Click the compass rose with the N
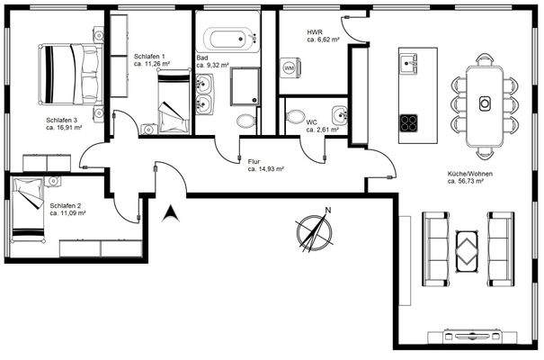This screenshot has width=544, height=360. [x=311, y=230]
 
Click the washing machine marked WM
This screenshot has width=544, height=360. [x=290, y=67]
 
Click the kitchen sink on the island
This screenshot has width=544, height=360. [x=411, y=62]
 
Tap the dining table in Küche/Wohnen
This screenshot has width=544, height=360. [x=485, y=101]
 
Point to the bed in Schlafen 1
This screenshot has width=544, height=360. [x=173, y=102]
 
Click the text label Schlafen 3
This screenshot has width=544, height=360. [x=62, y=120]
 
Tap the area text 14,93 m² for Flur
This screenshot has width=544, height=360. [x=266, y=169]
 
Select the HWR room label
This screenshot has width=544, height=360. [x=316, y=32]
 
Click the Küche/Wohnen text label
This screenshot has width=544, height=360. [x=466, y=173]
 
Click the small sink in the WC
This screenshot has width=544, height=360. [x=338, y=114]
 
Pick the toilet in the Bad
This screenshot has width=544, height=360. [x=245, y=121]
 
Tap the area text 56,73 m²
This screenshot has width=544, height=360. [x=466, y=181]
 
